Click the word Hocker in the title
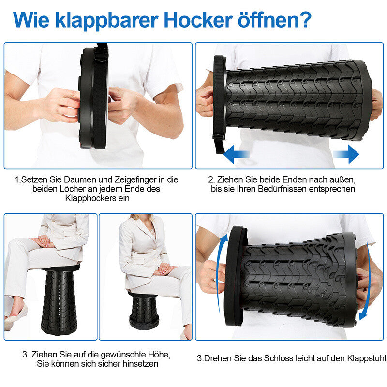pos(200,20)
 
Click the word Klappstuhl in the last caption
pos(365,358)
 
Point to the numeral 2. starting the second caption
pos(211,179)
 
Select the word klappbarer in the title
pos(105,20)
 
